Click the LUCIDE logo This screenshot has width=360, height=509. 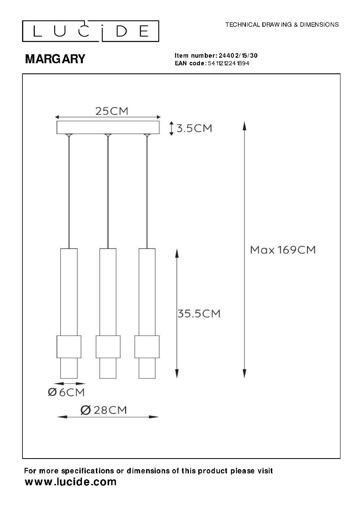[90, 31]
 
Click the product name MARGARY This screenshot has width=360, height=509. [55, 59]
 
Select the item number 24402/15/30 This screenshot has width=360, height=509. [238, 56]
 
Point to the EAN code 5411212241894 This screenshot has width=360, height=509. [228, 63]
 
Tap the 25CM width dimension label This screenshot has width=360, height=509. [112, 111]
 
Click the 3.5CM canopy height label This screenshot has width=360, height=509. [194, 129]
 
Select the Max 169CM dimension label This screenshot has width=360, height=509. [283, 250]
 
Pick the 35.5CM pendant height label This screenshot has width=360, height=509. [199, 313]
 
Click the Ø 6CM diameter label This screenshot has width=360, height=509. [66, 392]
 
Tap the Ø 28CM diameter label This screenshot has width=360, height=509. [104, 410]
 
